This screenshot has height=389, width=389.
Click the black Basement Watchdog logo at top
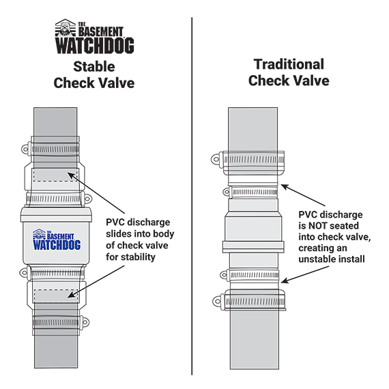pyautogui.click(x=94, y=36)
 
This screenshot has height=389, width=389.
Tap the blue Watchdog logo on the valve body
pyautogui.click(x=57, y=240)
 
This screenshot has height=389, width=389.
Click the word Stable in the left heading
pyautogui.click(x=94, y=66)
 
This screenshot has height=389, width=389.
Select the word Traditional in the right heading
pyautogui.click(x=289, y=64)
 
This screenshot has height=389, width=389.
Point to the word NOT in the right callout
pyautogui.click(x=318, y=226)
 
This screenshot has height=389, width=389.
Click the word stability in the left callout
pyautogui.click(x=137, y=257)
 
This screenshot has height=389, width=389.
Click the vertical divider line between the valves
pyautogui.click(x=192, y=196)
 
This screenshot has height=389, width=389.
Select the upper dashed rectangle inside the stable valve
pyautogui.click(x=55, y=175)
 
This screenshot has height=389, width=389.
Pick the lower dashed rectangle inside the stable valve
pyautogui.click(x=56, y=296)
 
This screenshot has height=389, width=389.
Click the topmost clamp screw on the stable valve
pyautogui.click(x=25, y=149)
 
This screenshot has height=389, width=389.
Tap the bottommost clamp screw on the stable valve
pyautogui.click(x=85, y=322)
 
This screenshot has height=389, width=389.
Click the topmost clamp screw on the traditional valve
pyautogui.click(x=216, y=159)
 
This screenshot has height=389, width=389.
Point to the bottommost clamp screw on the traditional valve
pyautogui.click(x=217, y=302)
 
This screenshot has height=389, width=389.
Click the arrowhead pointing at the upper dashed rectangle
pyautogui.click(x=72, y=175)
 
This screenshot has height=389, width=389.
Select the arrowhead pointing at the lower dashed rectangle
pyautogui.click(x=72, y=294)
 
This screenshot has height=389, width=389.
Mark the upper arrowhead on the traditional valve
pyautogui.click(x=285, y=186)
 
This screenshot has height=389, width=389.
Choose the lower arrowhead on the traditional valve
pyautogui.click(x=285, y=280)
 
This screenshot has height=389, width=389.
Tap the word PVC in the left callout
pyautogui.click(x=115, y=222)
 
